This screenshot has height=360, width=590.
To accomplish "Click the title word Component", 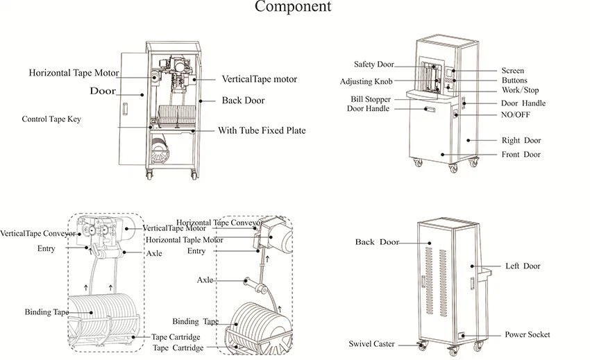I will (293, 8).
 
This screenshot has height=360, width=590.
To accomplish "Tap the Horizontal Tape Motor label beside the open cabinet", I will (74, 73).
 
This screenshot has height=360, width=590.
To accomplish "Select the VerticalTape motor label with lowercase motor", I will (259, 79).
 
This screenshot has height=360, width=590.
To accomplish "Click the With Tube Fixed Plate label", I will (262, 130).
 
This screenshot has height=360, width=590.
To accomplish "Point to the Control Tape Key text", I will (51, 119).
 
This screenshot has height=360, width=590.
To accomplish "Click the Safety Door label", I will (373, 65).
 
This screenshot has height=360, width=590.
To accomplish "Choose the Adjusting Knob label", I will (366, 82).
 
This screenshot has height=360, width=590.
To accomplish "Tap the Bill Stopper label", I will (370, 100).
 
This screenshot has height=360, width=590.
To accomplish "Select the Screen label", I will (512, 71).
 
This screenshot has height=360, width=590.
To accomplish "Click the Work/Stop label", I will (520, 91).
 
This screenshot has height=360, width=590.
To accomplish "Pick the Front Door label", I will (521, 155).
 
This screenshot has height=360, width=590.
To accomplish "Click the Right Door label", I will (521, 141).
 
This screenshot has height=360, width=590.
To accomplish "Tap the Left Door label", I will (522, 266).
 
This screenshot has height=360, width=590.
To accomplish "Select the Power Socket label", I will (527, 335).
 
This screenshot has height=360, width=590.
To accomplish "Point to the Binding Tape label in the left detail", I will (47, 312).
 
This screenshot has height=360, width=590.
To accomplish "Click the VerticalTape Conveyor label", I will (37, 234).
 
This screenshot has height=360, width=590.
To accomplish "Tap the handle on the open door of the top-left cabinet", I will (126, 109).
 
